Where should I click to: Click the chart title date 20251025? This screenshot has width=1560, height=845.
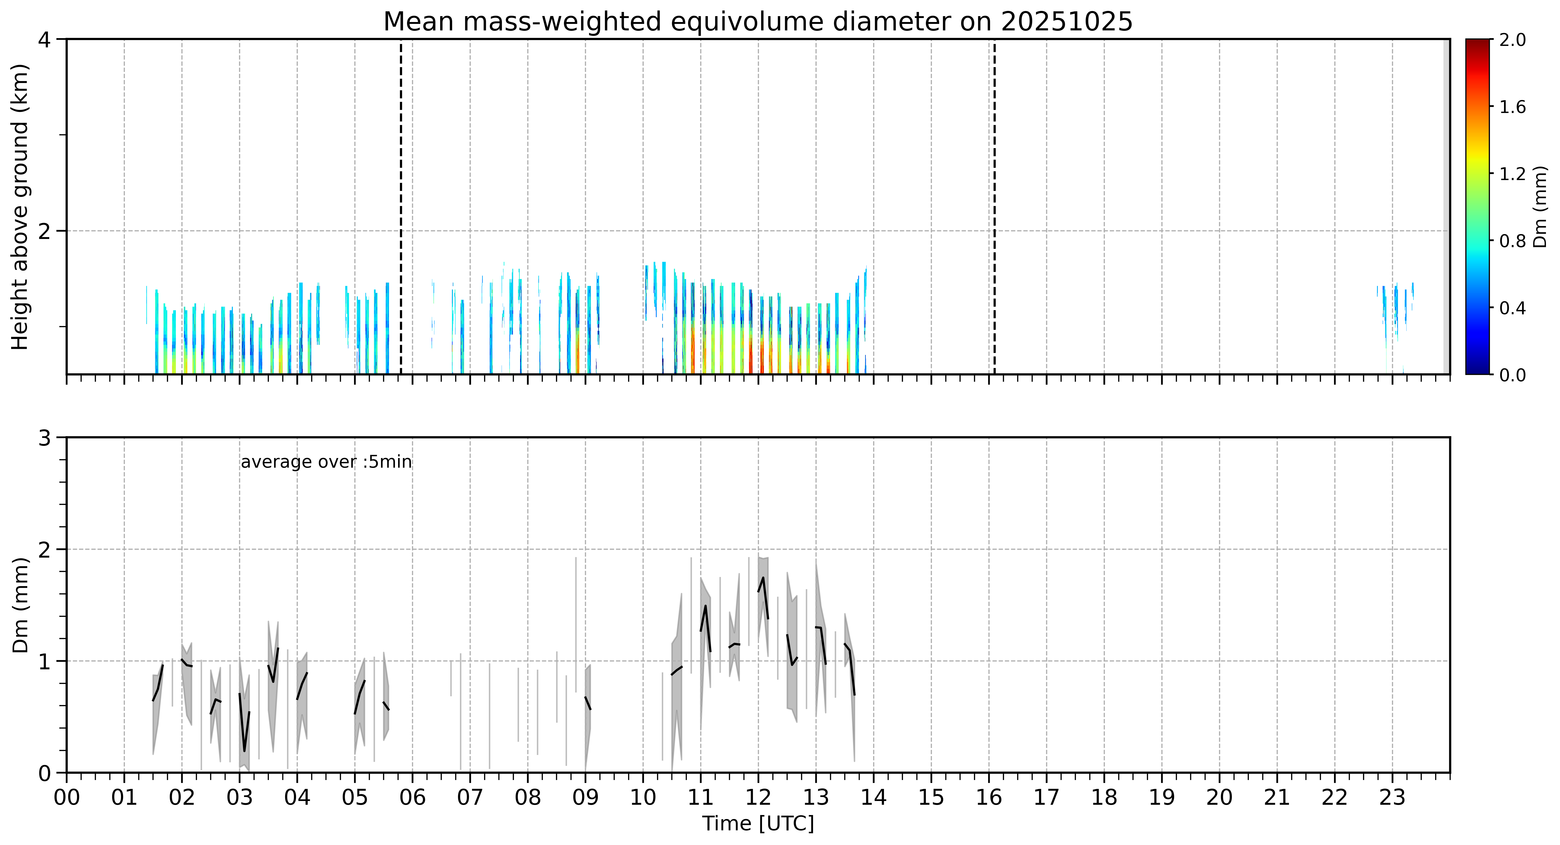click(1066, 22)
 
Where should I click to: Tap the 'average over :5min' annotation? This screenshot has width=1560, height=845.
click(326, 462)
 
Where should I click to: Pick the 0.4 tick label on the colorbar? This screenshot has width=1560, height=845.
click(1512, 308)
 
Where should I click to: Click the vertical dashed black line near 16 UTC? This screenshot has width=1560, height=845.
click(994, 206)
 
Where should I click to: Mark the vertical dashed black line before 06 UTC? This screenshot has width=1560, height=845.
click(401, 206)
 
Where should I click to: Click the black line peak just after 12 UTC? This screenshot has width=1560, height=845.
click(763, 577)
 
